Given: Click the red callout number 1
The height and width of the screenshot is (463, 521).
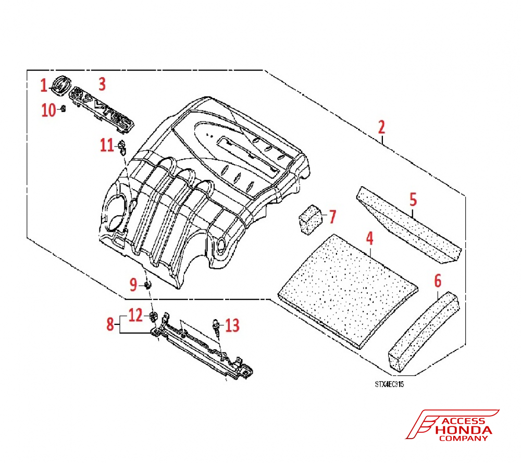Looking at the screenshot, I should [44, 84].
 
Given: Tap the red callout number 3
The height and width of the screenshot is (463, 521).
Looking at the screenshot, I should [102, 83].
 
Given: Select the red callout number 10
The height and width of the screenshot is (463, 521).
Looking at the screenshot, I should [49, 110].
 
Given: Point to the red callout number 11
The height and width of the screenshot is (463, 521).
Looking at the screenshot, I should [107, 145].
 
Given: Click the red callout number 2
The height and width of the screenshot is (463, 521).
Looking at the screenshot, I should [381, 127].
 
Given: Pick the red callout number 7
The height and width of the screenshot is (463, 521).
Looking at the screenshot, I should [332, 215].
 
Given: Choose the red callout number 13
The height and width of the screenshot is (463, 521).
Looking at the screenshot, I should [232, 326].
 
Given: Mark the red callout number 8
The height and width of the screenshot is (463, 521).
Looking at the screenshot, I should [110, 324].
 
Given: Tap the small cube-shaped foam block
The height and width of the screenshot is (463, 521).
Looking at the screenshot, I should [310, 216].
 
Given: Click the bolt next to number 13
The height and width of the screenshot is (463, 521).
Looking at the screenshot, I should [215, 326].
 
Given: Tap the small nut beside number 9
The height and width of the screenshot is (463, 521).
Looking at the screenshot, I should [148, 285].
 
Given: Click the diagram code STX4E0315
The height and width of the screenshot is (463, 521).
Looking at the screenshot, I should [389, 384].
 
